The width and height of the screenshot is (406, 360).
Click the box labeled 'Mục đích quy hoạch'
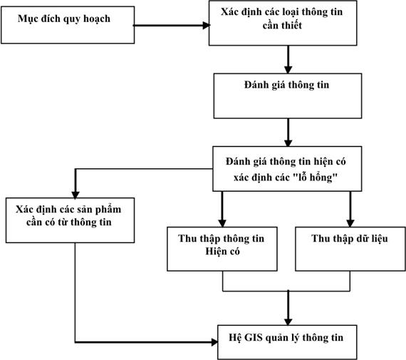(68, 25)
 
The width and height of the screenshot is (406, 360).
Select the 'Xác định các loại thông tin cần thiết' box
(283, 23)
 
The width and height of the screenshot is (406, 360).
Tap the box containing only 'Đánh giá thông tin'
(288, 96)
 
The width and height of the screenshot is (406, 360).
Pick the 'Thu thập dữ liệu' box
(350, 249)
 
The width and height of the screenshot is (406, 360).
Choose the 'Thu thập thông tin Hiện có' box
(222, 249)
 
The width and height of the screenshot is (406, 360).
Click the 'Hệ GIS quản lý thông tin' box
(287, 342)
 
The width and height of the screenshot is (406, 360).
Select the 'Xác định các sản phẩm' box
(71, 220)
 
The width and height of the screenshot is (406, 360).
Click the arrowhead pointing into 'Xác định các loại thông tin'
(207, 26)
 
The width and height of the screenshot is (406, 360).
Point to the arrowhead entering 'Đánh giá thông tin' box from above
(288, 70)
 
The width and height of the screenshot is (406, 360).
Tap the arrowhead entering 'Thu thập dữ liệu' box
(350, 223)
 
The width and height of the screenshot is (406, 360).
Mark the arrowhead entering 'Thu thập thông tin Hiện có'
(222, 223)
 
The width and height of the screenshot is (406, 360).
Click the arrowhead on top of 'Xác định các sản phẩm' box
(76, 195)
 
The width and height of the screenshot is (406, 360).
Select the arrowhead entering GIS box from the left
(214, 342)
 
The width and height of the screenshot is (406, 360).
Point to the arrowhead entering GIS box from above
(288, 322)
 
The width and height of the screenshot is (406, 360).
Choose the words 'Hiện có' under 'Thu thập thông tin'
(222, 252)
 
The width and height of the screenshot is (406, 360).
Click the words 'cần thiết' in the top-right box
(282, 26)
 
